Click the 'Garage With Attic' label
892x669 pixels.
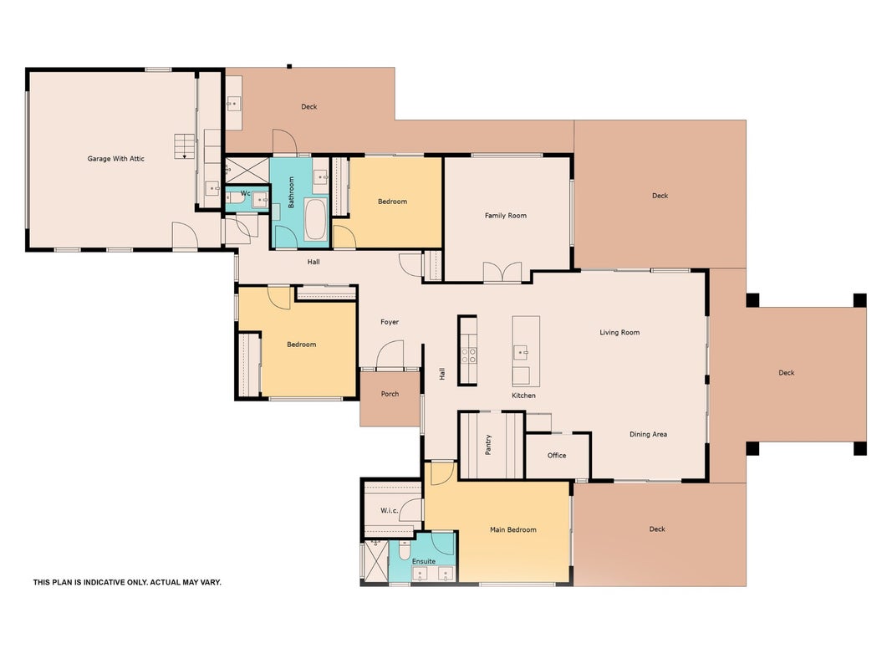pos(116,159)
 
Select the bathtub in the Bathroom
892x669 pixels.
pos(316,220)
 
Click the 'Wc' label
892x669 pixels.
pos(245,193)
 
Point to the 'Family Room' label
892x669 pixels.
pos(506,216)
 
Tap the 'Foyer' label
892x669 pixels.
pos(390,322)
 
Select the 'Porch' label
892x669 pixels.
pos(390,394)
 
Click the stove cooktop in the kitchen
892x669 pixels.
pos(469,355)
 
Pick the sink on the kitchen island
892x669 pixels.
pos(521,353)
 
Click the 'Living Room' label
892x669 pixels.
pos(619,332)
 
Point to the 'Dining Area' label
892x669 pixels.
pos(648,434)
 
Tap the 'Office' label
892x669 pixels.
pos(557,455)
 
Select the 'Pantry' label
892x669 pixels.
pos(488,445)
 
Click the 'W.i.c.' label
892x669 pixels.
pos(389,510)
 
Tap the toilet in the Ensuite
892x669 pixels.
pos(404,549)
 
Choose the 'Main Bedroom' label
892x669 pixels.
pos(513,529)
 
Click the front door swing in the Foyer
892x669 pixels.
pos(390,355)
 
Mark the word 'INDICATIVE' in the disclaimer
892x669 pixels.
pos(107,583)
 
